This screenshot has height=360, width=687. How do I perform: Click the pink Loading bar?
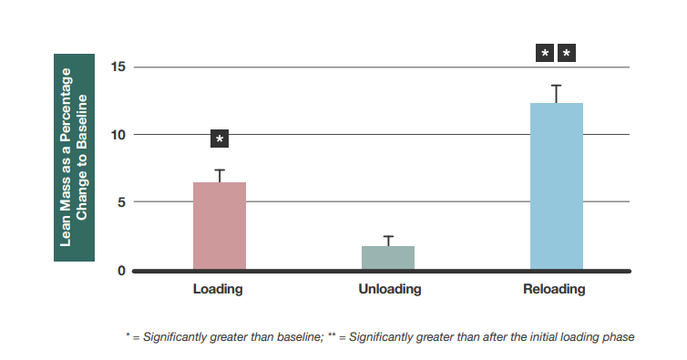(x=220, y=225)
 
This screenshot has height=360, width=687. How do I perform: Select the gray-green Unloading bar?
(x=388, y=258)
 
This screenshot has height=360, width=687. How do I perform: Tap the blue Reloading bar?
(x=556, y=186)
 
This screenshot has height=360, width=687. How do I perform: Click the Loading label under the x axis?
(x=218, y=290)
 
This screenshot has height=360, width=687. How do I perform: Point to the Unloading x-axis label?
(x=388, y=290)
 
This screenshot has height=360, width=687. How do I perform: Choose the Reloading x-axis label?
(x=554, y=290)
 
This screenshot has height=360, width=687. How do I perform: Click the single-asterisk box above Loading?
(x=220, y=139)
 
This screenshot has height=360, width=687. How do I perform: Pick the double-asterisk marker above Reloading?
(x=555, y=54)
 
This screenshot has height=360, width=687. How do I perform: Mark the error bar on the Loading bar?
(x=220, y=175)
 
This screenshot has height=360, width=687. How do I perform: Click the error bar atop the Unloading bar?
(x=388, y=241)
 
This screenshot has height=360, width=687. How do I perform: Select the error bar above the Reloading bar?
(x=556, y=93)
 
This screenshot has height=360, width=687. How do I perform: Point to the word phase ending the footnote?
(x=619, y=337)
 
